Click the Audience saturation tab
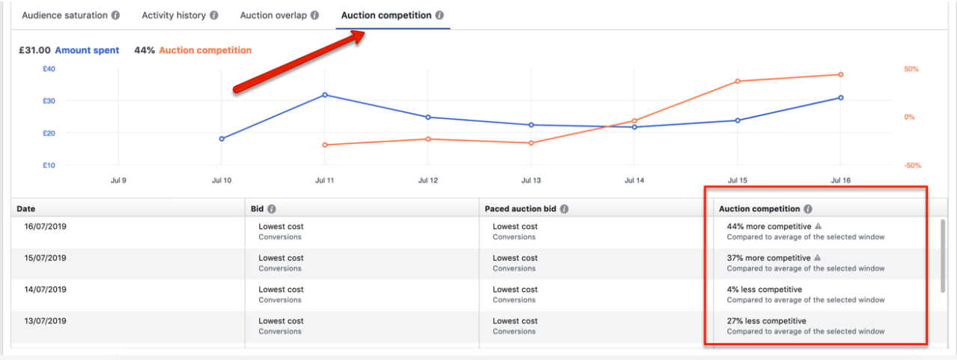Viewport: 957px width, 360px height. [x=70, y=15]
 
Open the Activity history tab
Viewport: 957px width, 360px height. [x=180, y=15]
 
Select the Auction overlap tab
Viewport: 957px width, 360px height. [x=279, y=15]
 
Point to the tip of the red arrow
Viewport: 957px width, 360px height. [x=362, y=35]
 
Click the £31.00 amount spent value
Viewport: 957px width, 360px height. [x=35, y=50]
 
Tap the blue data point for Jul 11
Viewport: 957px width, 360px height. [x=324, y=95]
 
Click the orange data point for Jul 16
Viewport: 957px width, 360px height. [x=840, y=74]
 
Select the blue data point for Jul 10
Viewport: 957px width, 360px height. [x=222, y=138]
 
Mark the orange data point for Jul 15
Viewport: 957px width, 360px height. [x=738, y=81]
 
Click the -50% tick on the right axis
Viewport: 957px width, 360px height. [x=911, y=165]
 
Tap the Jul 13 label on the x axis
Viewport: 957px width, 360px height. [x=530, y=180]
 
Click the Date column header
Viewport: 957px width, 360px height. [x=26, y=209]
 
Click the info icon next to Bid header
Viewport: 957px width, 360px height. [x=272, y=210]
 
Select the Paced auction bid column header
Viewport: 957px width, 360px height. [x=521, y=209]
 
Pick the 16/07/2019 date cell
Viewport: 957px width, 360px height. [x=46, y=227]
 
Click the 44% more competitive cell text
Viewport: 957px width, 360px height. [x=769, y=226]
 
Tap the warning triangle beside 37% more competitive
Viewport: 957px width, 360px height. [x=818, y=257]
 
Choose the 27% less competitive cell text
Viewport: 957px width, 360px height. [x=766, y=321]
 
